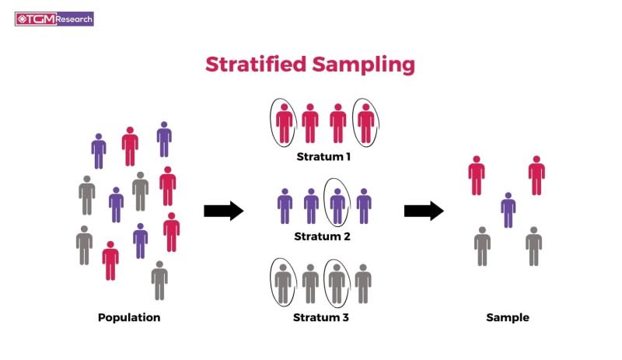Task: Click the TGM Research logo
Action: click(x=54, y=19)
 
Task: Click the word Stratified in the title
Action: click(x=256, y=64)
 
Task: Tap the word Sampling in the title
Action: click(x=363, y=65)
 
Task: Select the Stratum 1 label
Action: click(x=323, y=157)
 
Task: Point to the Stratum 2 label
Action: click(x=322, y=236)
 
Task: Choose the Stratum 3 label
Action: click(x=320, y=317)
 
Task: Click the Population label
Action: click(x=129, y=317)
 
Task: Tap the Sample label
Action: click(x=508, y=317)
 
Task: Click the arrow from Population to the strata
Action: click(x=224, y=211)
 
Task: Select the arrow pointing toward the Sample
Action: click(x=424, y=211)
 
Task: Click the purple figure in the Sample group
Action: click(x=508, y=210)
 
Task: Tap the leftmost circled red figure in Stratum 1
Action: click(x=284, y=123)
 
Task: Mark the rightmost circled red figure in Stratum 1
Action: click(x=365, y=123)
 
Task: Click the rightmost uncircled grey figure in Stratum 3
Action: click(x=363, y=284)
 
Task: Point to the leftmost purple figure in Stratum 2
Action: click(x=285, y=206)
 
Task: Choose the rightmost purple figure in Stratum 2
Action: click(x=364, y=206)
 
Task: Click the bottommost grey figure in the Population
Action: click(x=159, y=280)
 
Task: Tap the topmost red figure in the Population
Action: click(x=130, y=146)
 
